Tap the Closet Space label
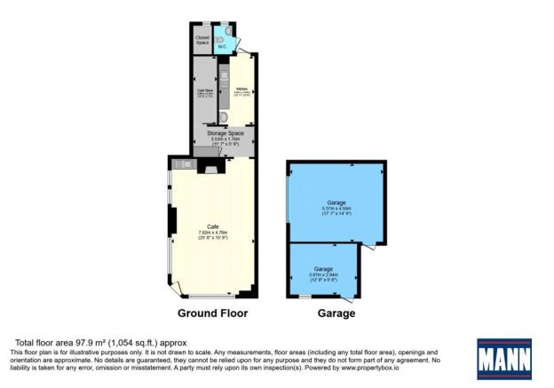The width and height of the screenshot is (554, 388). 202,40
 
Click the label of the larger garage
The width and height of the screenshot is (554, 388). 336,203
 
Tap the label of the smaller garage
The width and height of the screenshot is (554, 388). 322,268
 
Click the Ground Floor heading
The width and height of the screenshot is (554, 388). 212,313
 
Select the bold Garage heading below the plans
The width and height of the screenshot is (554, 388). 336,313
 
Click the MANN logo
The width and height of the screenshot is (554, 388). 503,359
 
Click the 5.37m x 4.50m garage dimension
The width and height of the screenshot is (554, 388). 336,210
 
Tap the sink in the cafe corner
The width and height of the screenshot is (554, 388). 182,163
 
